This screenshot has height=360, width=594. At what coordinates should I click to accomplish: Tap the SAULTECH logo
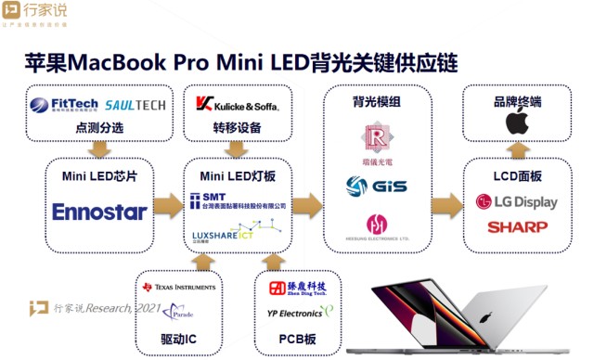136,105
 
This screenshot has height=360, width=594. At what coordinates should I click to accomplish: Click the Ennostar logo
99,212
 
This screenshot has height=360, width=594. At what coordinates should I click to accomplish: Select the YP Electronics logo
295,313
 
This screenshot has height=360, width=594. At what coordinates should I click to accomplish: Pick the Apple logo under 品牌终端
517,122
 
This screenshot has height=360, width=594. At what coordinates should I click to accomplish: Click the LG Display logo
517,202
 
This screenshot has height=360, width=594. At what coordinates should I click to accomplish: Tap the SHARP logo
517,226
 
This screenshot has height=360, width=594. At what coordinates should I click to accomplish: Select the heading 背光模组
376,99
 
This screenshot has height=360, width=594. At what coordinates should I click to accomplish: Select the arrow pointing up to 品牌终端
518,149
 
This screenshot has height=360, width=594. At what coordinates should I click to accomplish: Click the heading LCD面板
517,174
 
